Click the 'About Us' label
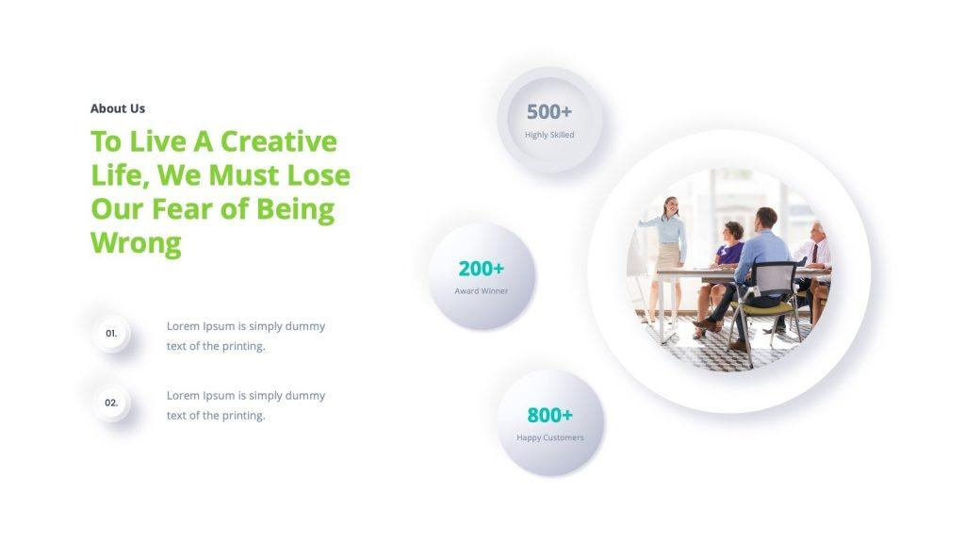pyautogui.click(x=118, y=108)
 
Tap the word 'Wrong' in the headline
pyautogui.click(x=136, y=243)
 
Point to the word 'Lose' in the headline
pyautogui.click(x=318, y=175)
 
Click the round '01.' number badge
pyautogui.click(x=111, y=334)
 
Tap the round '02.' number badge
pyautogui.click(x=111, y=403)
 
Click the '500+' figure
pyautogui.click(x=549, y=112)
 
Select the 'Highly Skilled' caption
pyautogui.click(x=549, y=135)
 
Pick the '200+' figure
pyautogui.click(x=481, y=269)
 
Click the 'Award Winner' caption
pyautogui.click(x=481, y=291)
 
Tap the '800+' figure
pyautogui.click(x=549, y=416)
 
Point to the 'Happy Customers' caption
pyautogui.click(x=549, y=438)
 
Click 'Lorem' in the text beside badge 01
pyautogui.click(x=183, y=326)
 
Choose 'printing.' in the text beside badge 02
pyautogui.click(x=243, y=416)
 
